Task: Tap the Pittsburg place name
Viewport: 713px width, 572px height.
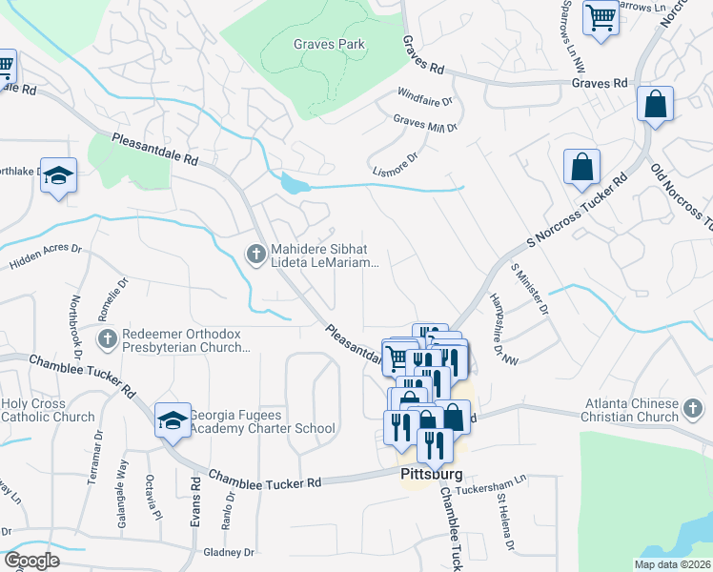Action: (x=431, y=474)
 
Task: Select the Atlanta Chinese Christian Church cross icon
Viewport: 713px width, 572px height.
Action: (x=694, y=409)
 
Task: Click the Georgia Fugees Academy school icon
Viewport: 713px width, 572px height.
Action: (x=172, y=420)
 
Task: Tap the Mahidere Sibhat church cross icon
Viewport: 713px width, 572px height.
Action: (x=255, y=254)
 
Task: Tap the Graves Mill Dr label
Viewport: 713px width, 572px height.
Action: (x=425, y=123)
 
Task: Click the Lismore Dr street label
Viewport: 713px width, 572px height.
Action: (x=394, y=165)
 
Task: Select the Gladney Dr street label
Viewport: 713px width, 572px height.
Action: (x=229, y=552)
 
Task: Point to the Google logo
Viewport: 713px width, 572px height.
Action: (x=32, y=560)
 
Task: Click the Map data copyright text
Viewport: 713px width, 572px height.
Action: (x=671, y=564)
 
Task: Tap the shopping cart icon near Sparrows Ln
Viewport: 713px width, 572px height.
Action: (x=601, y=17)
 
